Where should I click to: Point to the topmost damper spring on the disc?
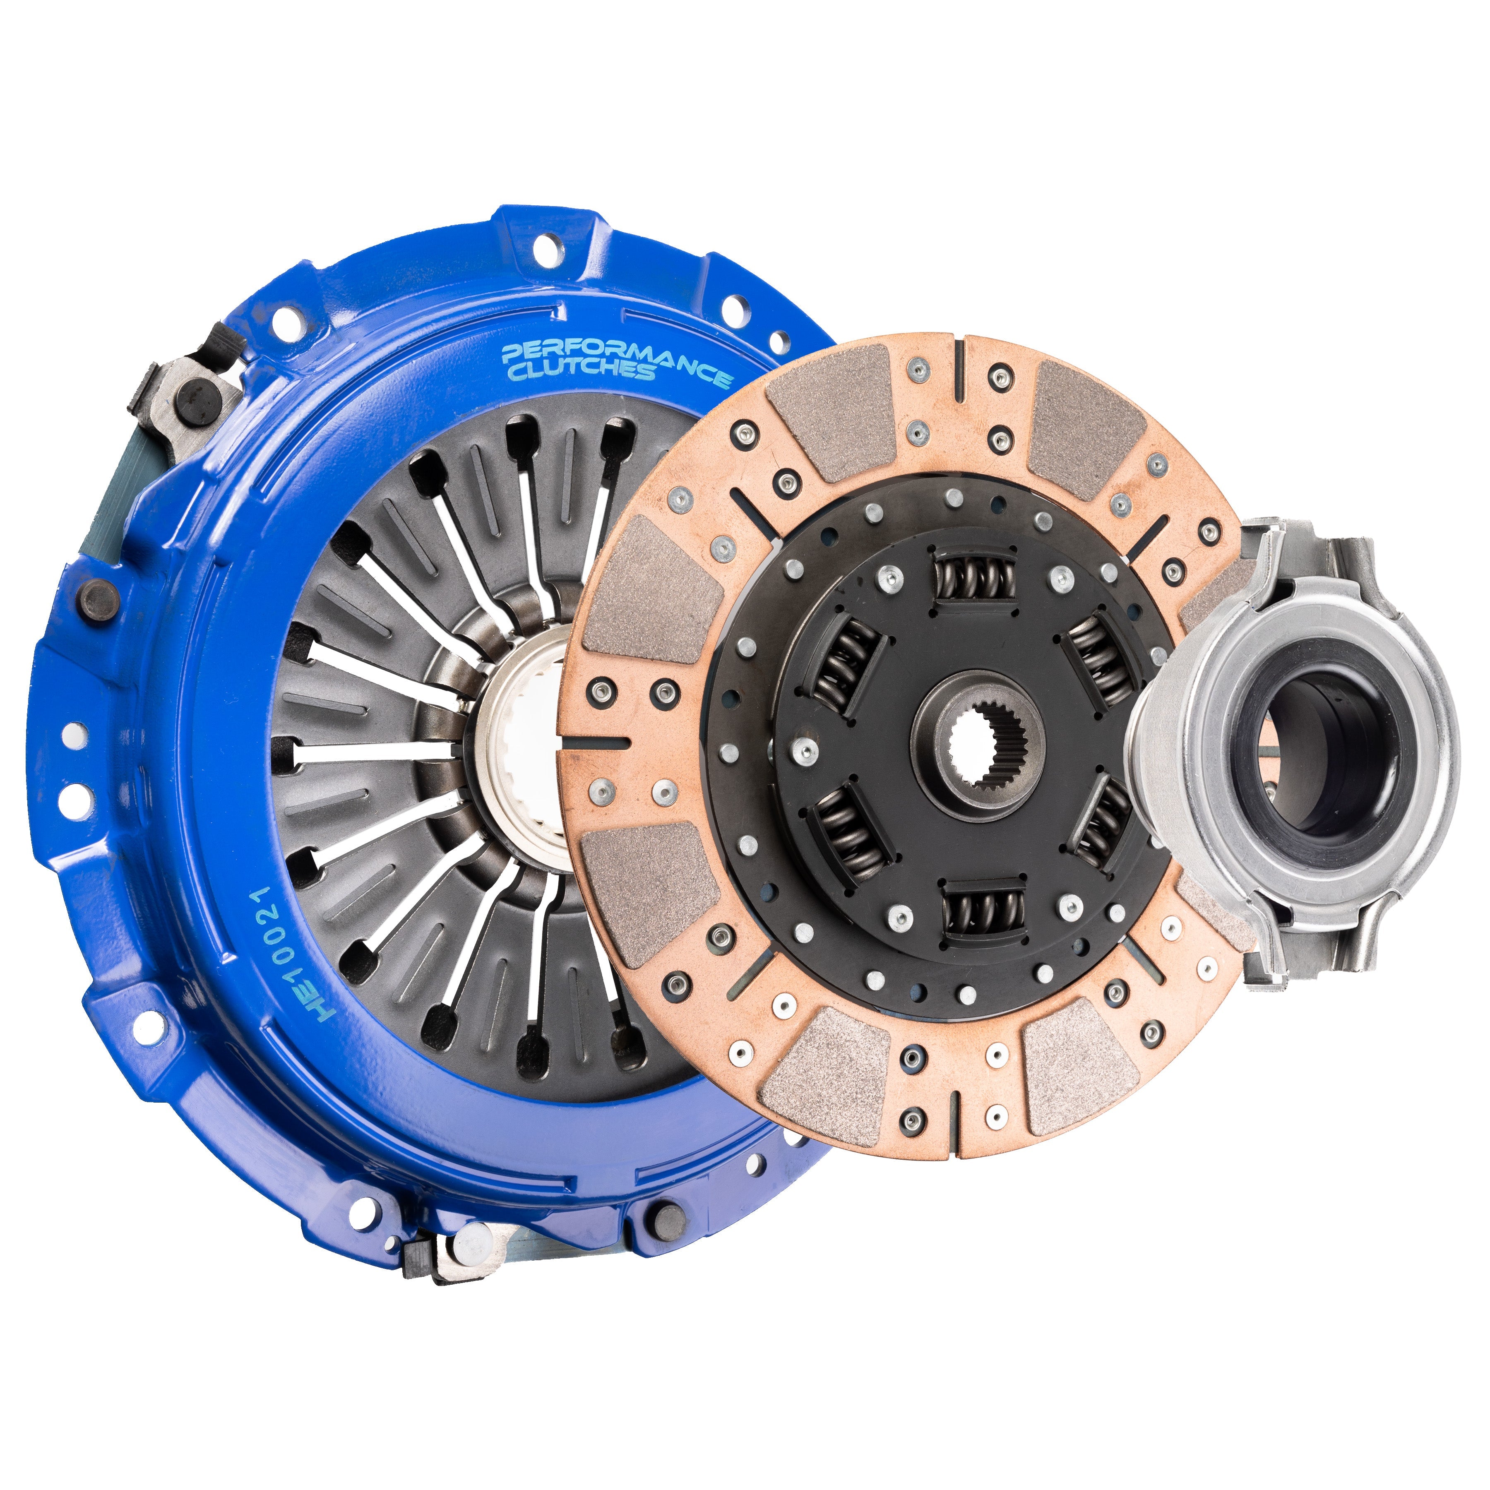pyautogui.click(x=974, y=579)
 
